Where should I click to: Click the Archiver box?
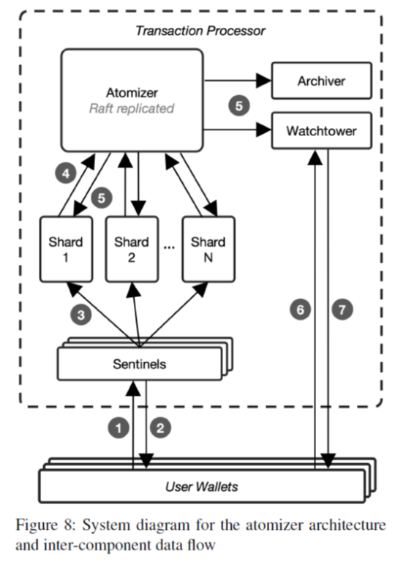click(x=321, y=80)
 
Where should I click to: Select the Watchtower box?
click(x=321, y=131)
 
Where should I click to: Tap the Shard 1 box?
click(x=66, y=249)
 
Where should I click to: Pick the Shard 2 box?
click(x=132, y=249)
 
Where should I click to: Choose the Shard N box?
click(x=208, y=249)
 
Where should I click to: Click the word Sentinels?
click(x=140, y=364)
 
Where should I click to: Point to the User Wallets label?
click(x=202, y=487)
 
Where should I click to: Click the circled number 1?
click(x=118, y=427)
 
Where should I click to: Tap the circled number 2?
click(x=160, y=427)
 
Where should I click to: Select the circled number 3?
click(x=81, y=315)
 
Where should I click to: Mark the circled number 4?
click(x=66, y=173)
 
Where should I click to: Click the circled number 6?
click(x=300, y=310)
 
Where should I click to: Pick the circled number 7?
click(x=342, y=310)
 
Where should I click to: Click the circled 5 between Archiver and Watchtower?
click(x=239, y=105)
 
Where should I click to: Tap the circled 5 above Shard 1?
click(x=102, y=198)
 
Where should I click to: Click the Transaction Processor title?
click(x=200, y=31)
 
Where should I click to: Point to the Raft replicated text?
click(x=132, y=108)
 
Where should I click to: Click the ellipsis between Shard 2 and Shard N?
click(x=169, y=247)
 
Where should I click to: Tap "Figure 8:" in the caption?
click(x=45, y=525)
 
